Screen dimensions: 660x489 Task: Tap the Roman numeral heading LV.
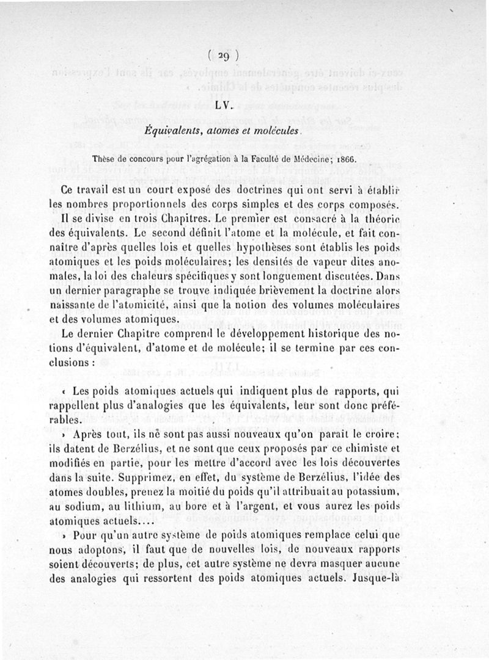(223, 104)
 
